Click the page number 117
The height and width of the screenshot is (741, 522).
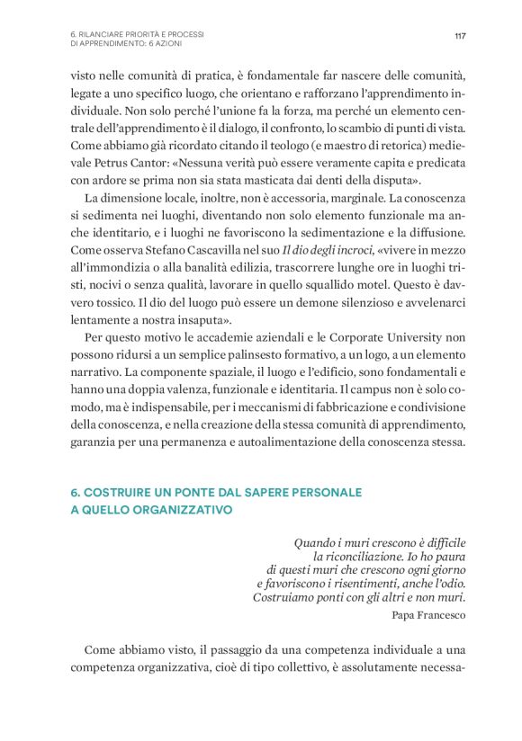[460, 36]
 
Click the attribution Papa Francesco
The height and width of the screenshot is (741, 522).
[429, 615]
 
